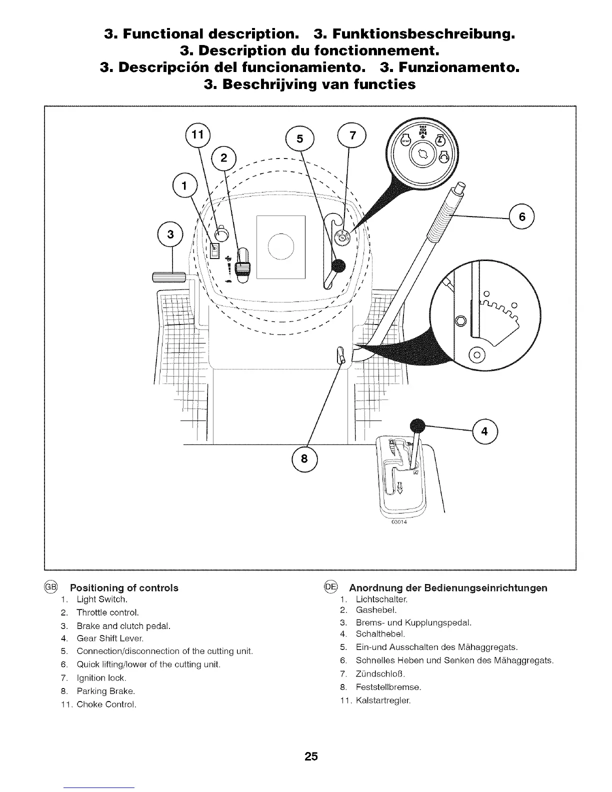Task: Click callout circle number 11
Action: pyautogui.click(x=198, y=134)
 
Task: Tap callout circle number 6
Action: pyautogui.click(x=522, y=217)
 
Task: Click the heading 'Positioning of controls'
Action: pyautogui.click(x=124, y=587)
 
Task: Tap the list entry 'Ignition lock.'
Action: pyautogui.click(x=101, y=678)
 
